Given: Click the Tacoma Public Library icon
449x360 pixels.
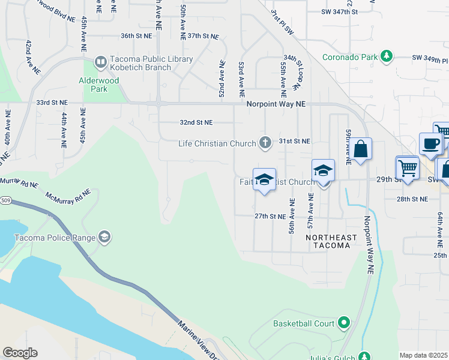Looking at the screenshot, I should click(x=101, y=61).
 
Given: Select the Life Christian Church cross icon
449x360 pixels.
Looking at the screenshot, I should click(x=265, y=143).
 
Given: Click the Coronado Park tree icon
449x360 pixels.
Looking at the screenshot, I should click(x=387, y=57).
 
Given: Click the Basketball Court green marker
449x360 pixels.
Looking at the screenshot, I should click(x=344, y=323).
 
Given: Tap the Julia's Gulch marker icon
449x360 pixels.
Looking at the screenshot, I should click(x=364, y=356).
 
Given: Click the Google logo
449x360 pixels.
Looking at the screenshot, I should click(x=20, y=353).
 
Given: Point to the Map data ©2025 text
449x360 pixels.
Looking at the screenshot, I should click(x=423, y=355).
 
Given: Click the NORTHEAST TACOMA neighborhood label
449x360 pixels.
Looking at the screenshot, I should click(x=331, y=241).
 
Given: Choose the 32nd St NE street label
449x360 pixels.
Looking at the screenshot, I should click(x=196, y=122).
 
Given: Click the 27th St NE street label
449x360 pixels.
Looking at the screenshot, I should click(x=268, y=215).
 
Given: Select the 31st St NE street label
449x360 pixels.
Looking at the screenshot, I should click(x=295, y=141).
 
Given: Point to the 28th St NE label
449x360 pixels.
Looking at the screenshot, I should click(x=413, y=199).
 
